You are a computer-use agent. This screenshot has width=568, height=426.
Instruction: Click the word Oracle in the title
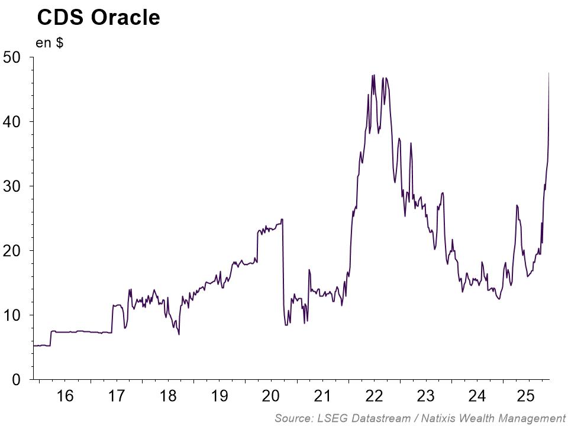click(x=125, y=18)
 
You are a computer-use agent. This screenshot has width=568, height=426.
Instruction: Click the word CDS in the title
click(x=62, y=18)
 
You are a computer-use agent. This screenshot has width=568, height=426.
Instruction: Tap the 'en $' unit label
click(x=50, y=44)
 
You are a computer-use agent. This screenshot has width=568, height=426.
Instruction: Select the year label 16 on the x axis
click(x=64, y=396)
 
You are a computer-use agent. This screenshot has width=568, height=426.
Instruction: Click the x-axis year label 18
click(x=168, y=396)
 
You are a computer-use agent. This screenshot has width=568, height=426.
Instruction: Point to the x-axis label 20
click(x=271, y=396)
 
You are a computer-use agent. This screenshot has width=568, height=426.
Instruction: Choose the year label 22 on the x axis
click(x=375, y=396)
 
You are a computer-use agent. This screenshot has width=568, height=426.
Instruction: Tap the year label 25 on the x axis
click(x=528, y=396)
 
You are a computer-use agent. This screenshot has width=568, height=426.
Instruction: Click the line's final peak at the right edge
click(x=549, y=73)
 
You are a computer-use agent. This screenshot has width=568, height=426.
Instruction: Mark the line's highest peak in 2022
click(x=373, y=75)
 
